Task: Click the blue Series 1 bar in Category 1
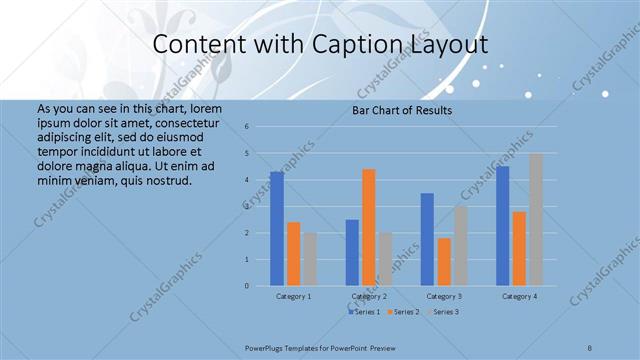(x=277, y=229)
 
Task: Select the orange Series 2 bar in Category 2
(x=368, y=227)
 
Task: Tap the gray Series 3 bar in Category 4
(x=536, y=219)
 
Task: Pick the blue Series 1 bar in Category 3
(x=427, y=239)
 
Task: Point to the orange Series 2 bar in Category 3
(x=444, y=262)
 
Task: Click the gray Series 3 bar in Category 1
(x=310, y=259)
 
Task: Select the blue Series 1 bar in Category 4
(x=502, y=226)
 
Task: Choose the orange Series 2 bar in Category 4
(x=519, y=249)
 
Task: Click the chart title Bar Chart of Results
(x=402, y=110)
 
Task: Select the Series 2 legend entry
(x=402, y=312)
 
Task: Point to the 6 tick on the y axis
(x=260, y=127)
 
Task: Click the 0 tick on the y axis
(x=260, y=286)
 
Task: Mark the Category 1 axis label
(x=294, y=296)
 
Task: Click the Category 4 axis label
(x=519, y=296)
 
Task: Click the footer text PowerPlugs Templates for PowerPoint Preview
(x=320, y=346)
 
